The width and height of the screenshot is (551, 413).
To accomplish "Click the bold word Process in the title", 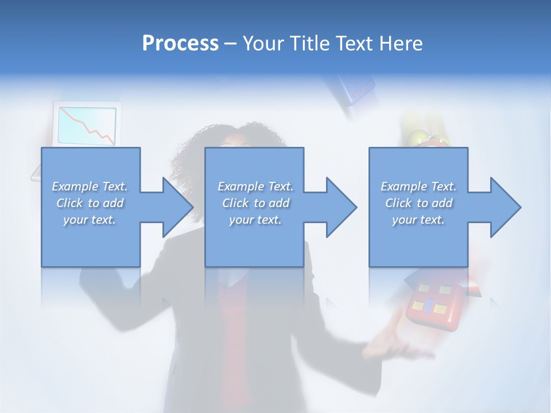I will pos(180,43).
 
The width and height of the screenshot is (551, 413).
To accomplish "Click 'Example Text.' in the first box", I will pos(90,186).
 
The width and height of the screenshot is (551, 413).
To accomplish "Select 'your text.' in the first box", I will pos(90,220).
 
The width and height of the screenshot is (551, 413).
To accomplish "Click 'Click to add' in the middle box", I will pos(255,203).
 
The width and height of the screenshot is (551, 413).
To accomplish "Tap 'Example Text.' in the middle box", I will pos(255,186).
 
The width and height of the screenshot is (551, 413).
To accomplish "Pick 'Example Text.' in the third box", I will pos(418,186).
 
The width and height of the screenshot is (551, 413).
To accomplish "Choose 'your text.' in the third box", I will pos(418,220).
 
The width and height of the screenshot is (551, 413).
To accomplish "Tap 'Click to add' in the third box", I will pos(418,203).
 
